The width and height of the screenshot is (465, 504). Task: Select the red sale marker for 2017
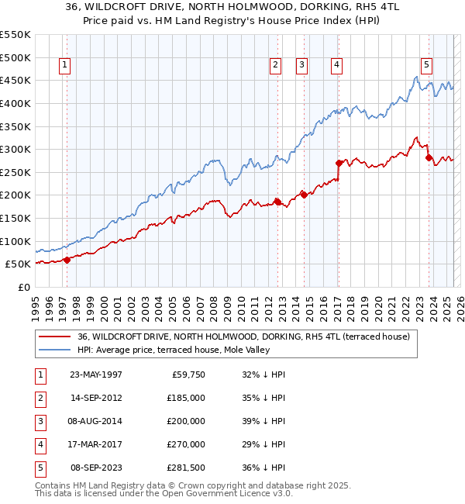tap(339, 163)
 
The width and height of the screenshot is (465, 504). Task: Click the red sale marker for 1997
tap(67, 260)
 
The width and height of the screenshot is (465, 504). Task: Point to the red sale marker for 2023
tap(428, 157)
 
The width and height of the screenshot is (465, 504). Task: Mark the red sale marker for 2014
tap(304, 195)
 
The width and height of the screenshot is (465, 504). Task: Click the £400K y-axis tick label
tap(15, 103)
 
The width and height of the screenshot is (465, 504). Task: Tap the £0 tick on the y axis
tap(23, 287)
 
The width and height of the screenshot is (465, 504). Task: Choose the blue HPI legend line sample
tap(55, 350)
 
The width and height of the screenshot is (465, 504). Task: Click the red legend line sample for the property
tap(55, 337)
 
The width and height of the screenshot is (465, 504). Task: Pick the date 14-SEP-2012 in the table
tap(95, 398)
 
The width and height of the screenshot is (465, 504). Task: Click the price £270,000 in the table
tap(186, 444)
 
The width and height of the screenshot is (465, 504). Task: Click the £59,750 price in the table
tap(188, 375)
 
